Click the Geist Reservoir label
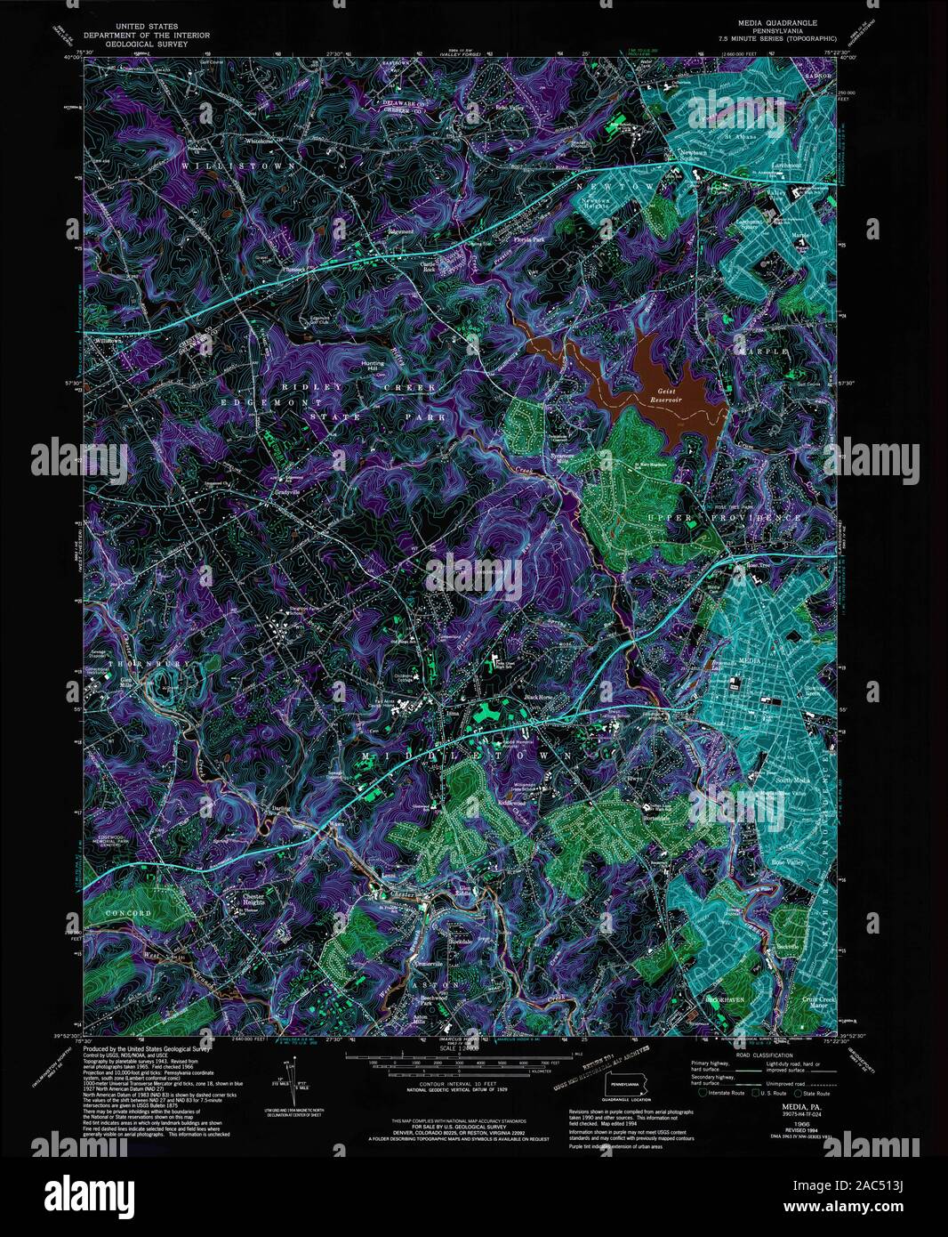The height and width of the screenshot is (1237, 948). point(673,396)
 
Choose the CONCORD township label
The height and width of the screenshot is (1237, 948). point(127,913)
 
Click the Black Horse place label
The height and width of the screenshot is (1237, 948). point(539,697)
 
